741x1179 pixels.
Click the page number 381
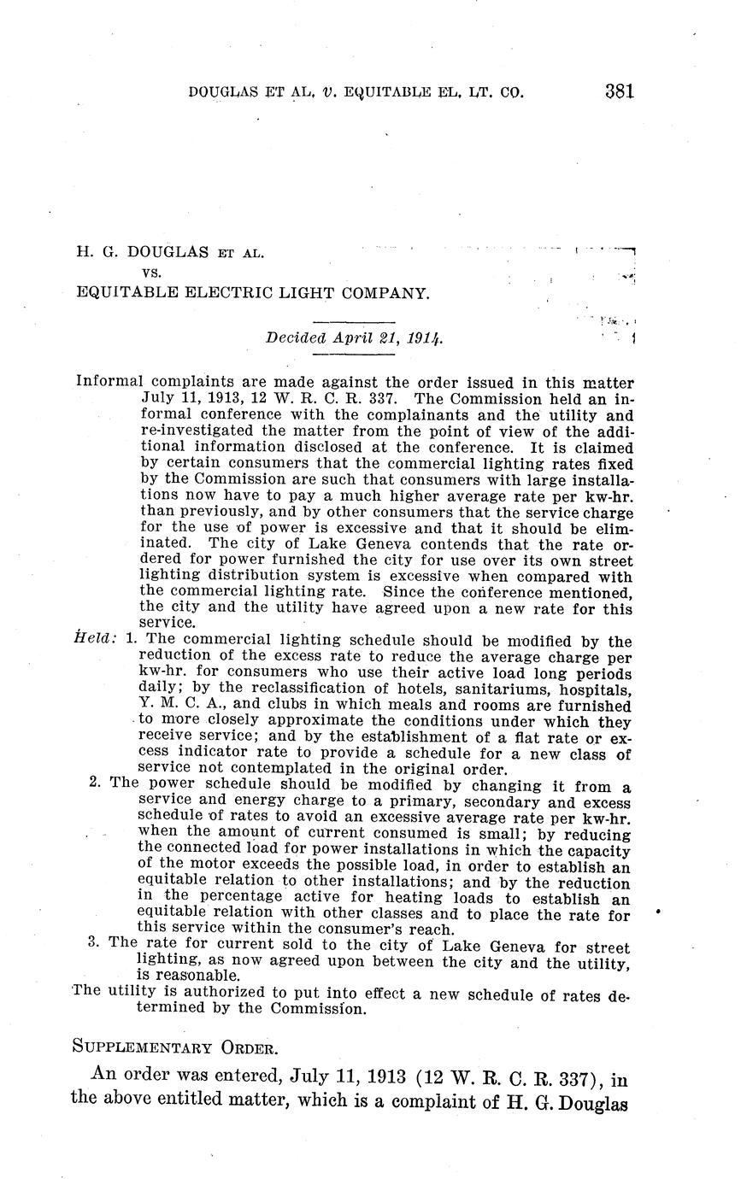point(619,91)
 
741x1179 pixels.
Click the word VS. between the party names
point(151,273)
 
